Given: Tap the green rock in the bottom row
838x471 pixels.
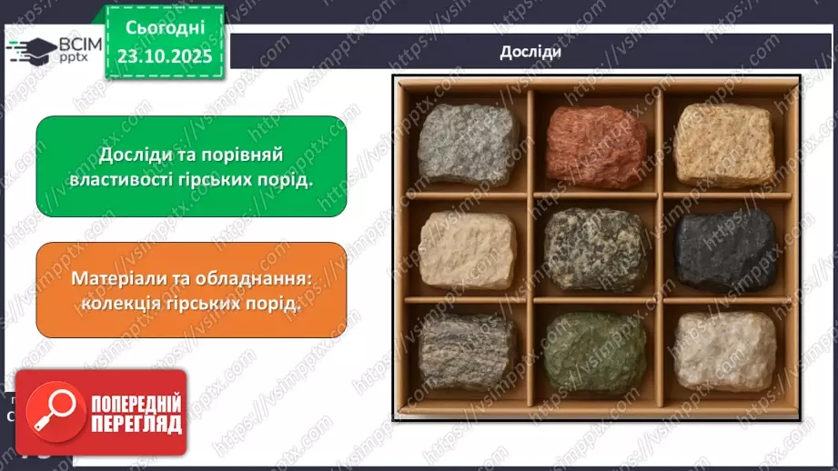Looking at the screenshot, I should [x=595, y=351].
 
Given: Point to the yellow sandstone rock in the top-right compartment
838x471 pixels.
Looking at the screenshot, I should [x=724, y=145].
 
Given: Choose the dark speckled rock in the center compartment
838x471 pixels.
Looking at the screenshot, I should [x=595, y=247].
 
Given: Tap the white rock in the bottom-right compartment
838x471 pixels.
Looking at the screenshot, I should [x=724, y=349].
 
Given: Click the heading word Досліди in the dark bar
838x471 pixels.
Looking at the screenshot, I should [x=530, y=52].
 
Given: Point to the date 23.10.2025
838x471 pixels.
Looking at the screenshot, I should [x=166, y=55].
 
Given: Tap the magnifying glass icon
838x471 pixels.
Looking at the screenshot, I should [x=52, y=413].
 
